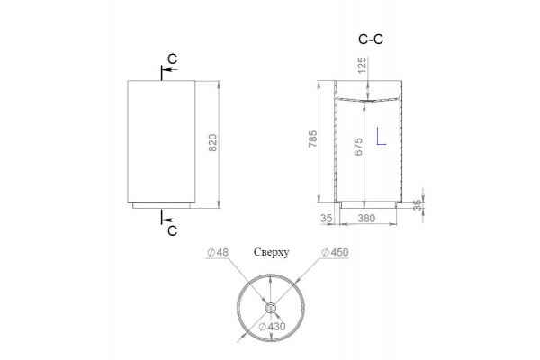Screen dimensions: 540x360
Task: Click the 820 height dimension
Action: coord(213,142)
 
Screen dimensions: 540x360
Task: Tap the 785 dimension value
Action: coord(312,139)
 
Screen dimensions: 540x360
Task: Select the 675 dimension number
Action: coord(358,147)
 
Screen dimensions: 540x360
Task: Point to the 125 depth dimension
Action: coord(362,65)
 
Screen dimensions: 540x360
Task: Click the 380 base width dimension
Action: coord(366,218)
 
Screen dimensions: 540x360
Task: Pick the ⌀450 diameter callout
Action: coord(335,252)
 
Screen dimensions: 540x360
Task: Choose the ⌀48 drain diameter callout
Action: coord(218,252)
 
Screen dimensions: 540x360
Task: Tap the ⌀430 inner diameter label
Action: coord(272,326)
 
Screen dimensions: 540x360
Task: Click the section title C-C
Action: coord(371,40)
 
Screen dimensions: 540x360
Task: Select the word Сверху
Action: coord(272,252)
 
